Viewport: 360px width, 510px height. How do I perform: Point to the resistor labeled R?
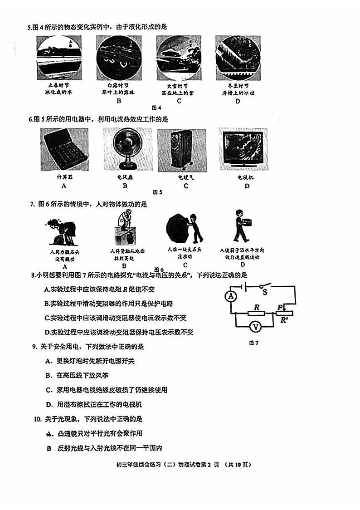tap(257, 313)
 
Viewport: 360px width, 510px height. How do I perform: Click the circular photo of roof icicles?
tap(238, 58)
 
